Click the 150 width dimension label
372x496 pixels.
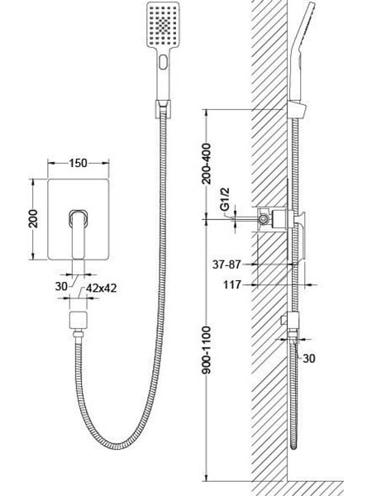[x=79, y=163]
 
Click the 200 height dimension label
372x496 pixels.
[x=33, y=219]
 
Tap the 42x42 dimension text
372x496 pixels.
[x=101, y=288]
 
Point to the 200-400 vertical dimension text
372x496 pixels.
[x=206, y=164]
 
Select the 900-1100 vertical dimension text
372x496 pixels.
[x=206, y=351]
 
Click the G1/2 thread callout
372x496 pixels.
[x=225, y=199]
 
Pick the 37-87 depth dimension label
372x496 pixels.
[x=227, y=265]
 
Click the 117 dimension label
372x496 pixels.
[x=232, y=284]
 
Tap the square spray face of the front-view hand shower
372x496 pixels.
[x=163, y=25]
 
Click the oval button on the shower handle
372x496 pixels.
[x=163, y=62]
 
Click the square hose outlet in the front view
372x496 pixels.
[x=78, y=320]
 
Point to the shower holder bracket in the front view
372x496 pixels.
[x=163, y=109]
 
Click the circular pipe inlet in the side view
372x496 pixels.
[x=263, y=219]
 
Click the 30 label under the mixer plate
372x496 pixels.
[x=61, y=286]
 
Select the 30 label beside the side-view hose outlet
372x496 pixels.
[x=309, y=359]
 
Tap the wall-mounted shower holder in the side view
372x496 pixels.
[x=298, y=109]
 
